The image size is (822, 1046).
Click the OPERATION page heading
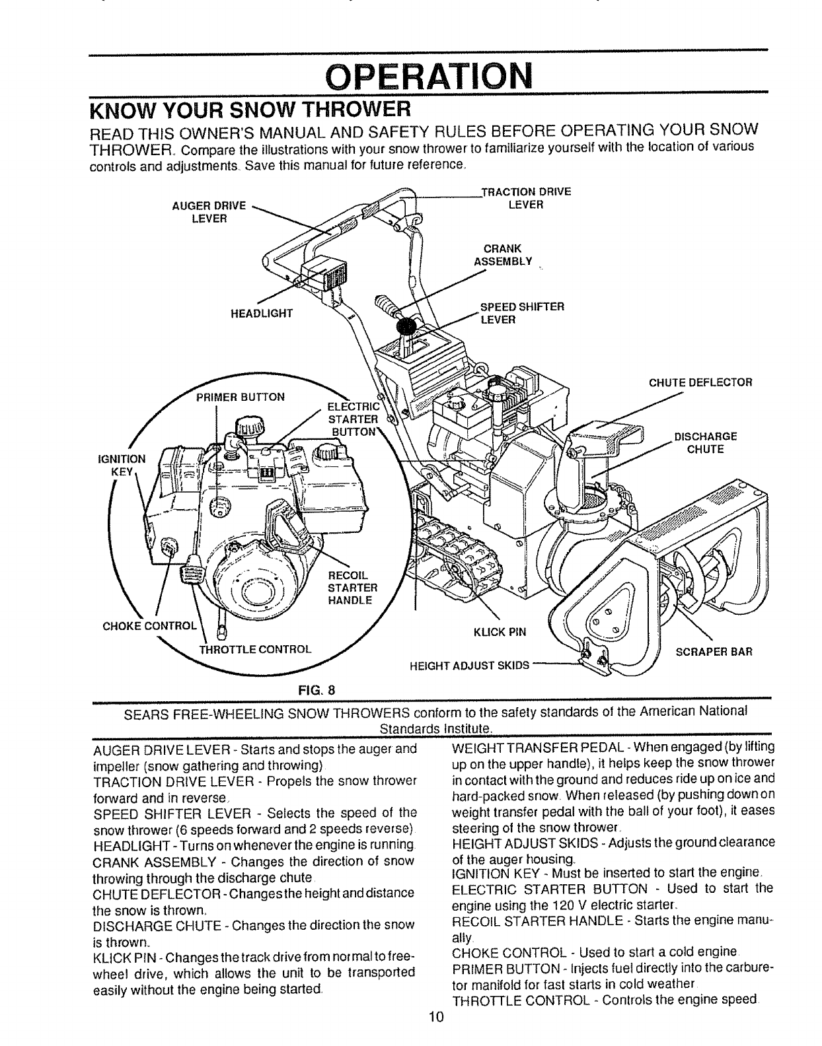[429, 77]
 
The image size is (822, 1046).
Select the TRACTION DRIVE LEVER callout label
[525, 198]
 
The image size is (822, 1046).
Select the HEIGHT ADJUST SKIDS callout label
[470, 665]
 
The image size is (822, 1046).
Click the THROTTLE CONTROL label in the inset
[255, 648]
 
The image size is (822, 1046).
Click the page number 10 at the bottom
[434, 1035]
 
